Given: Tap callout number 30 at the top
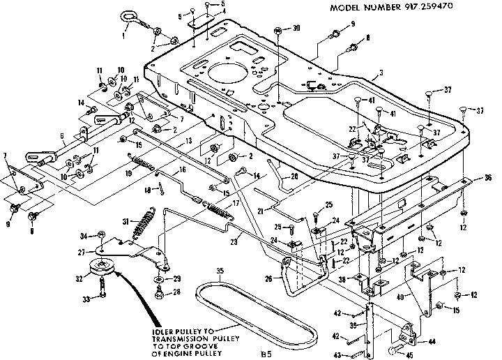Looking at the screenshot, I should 298,29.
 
